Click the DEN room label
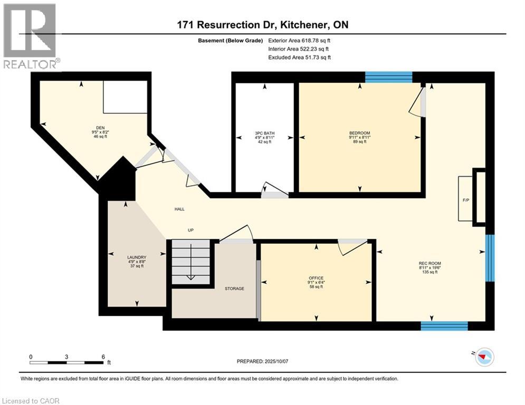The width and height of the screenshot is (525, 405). pos(100,128)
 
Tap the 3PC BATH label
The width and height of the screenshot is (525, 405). pos(264,133)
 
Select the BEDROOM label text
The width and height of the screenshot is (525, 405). pos(360,133)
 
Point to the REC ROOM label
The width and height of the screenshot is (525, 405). pos(430,264)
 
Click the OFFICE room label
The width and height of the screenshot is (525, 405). pos(316,278)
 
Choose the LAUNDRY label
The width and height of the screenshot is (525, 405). pos(137,257)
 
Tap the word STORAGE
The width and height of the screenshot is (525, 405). pos(234,288)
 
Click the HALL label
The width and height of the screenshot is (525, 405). pos(179,209)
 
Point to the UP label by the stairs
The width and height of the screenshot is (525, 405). pos(190,230)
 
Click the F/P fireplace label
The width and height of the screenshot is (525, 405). pos(466,200)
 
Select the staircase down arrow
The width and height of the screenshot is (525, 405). pos(191,262)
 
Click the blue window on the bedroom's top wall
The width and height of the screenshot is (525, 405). pos(388,77)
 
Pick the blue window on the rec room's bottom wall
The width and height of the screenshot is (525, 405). pos(444,326)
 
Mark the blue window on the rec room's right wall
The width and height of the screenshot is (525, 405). pos(490,258)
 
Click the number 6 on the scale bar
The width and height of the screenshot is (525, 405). pos(103,357)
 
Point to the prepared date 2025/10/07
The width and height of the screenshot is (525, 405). pos(276,361)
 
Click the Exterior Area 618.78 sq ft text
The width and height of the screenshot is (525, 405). pos(299,41)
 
